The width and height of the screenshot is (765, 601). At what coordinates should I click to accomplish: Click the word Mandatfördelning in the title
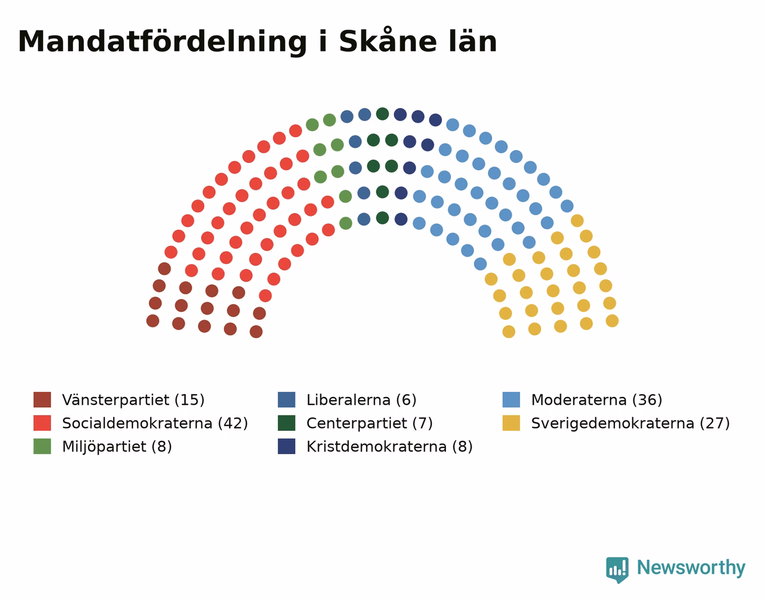click(x=162, y=42)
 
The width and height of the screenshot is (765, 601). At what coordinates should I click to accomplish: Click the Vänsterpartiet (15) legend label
click(x=133, y=400)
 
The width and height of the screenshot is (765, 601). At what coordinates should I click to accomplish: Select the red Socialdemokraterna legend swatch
click(x=42, y=423)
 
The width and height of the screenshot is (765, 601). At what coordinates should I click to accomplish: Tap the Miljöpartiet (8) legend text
click(x=117, y=447)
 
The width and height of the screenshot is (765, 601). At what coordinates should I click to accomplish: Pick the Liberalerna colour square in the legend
click(x=287, y=399)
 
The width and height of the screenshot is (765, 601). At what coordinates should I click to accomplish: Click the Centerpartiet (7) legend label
click(x=369, y=423)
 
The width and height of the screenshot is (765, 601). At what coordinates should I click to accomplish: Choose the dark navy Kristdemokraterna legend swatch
click(x=287, y=446)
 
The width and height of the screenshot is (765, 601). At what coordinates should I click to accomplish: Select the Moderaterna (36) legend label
click(x=597, y=400)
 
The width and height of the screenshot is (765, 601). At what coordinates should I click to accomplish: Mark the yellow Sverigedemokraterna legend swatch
click(x=511, y=423)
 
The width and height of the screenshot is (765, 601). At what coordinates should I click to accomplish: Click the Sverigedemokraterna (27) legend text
click(x=630, y=423)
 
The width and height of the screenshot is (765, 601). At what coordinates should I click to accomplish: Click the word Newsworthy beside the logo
click(x=691, y=567)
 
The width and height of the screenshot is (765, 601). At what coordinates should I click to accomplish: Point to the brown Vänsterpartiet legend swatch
click(x=42, y=399)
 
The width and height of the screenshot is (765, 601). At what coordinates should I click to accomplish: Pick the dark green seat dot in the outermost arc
click(x=382, y=114)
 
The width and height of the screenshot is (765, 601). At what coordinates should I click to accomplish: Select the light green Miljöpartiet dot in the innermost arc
click(x=346, y=223)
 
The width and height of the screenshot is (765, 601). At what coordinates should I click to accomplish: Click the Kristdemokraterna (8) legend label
click(x=389, y=447)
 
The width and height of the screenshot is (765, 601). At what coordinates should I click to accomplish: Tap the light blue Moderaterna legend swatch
click(x=511, y=399)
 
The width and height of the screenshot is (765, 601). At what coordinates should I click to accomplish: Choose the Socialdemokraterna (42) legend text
click(x=155, y=423)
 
